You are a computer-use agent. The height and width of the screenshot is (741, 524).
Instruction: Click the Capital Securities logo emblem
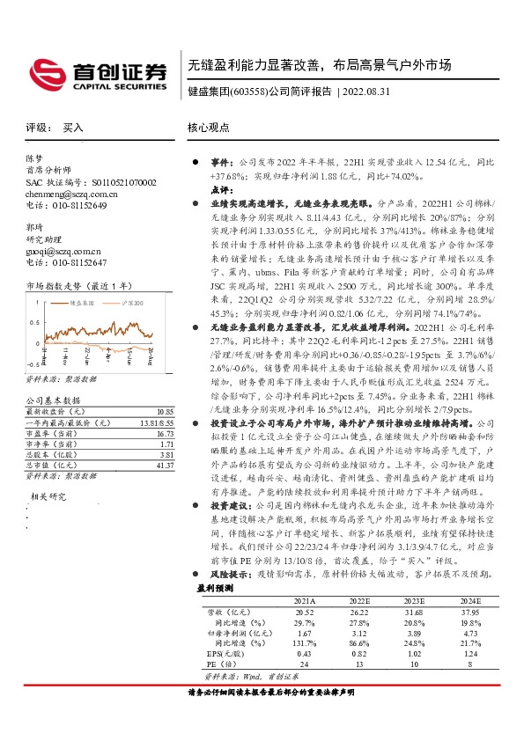click(41, 72)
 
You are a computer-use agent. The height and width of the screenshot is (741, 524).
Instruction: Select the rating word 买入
click(72, 128)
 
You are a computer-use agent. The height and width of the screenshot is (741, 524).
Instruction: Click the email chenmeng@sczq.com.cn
click(70, 194)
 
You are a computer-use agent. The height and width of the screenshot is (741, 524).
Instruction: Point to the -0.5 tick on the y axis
click(32, 363)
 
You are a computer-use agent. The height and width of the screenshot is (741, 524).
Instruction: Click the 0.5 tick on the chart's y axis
click(33, 319)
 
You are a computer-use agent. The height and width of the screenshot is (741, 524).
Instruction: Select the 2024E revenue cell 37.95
click(472, 610)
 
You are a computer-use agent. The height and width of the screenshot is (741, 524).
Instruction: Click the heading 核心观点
click(210, 128)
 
